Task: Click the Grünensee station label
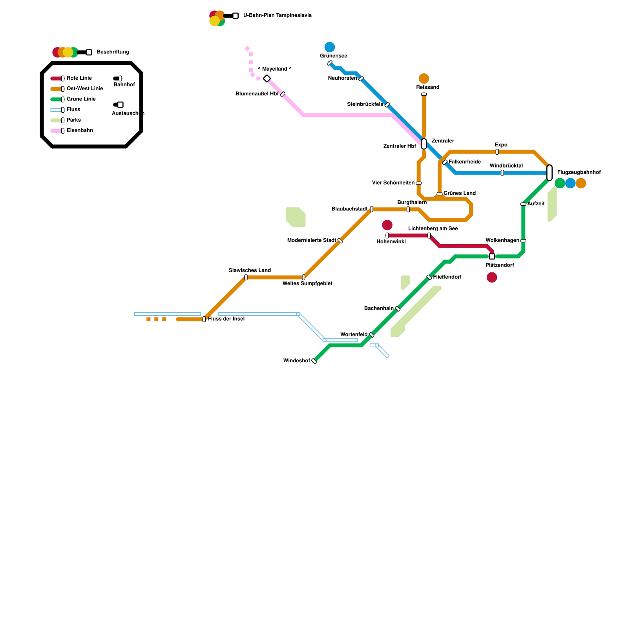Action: tap(333, 56)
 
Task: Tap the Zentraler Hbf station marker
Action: tap(424, 144)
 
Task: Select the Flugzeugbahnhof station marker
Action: tap(549, 173)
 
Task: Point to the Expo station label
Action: tap(501, 145)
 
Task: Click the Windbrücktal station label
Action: tap(506, 166)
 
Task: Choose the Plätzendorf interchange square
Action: tap(492, 257)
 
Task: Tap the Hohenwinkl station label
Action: tap(391, 242)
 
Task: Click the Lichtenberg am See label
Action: tap(433, 229)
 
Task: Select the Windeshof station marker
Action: tap(314, 361)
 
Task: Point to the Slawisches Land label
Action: tap(250, 270)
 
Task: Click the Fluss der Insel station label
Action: tap(226, 319)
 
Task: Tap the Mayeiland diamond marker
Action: tap(267, 78)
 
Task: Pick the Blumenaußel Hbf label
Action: tap(257, 94)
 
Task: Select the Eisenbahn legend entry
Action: tap(80, 131)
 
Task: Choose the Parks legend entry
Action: tap(74, 120)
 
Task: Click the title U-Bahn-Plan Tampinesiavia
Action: tap(277, 16)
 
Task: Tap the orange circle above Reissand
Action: tap(424, 78)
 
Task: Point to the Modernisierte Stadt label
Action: tap(312, 241)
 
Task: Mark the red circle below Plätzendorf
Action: tap(492, 277)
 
